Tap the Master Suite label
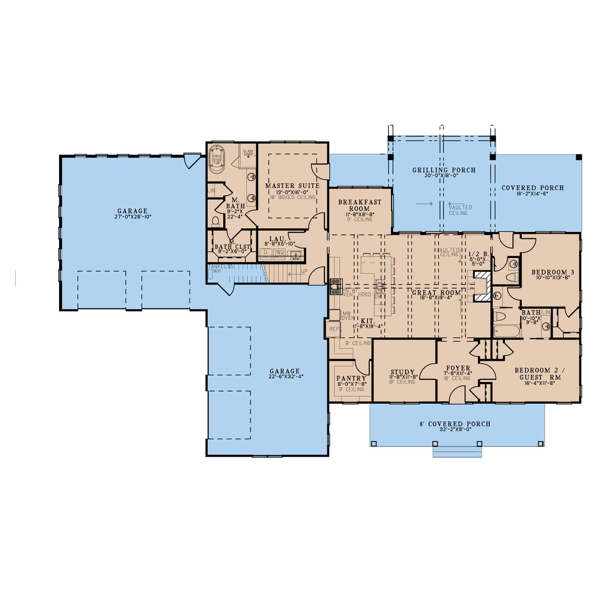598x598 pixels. [x=292, y=186]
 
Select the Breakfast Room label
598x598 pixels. [x=360, y=205]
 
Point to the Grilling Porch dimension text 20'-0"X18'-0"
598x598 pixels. [x=444, y=175]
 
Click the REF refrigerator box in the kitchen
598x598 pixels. [x=334, y=329]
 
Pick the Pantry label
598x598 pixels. [x=351, y=378]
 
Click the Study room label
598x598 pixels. [x=402, y=372]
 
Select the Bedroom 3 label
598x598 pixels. [x=548, y=272]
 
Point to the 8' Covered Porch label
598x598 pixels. [x=455, y=424]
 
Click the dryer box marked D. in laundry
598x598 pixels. [x=266, y=252]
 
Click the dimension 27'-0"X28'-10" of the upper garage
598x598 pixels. [x=132, y=217]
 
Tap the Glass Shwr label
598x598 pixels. [x=248, y=153]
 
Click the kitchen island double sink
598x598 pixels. [x=379, y=286]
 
